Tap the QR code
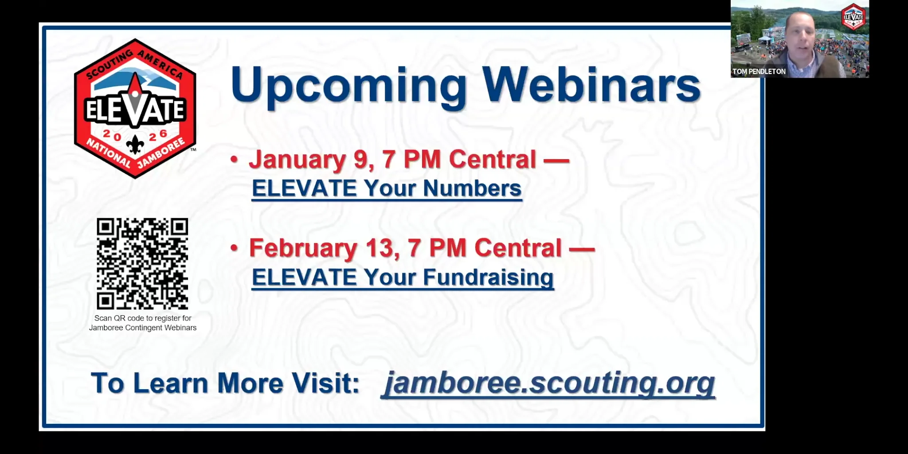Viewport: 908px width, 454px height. pos(142,264)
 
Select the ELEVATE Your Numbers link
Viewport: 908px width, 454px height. pos(386,188)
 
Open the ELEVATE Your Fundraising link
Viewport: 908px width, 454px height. pos(403,278)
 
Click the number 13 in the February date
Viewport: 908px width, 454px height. pos(379,248)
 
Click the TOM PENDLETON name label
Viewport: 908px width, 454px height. pos(759,71)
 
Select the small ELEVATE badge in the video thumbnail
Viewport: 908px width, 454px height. pos(853,17)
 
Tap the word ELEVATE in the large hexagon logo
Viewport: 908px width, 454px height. pos(135,110)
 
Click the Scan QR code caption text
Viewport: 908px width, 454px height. pos(143,323)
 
